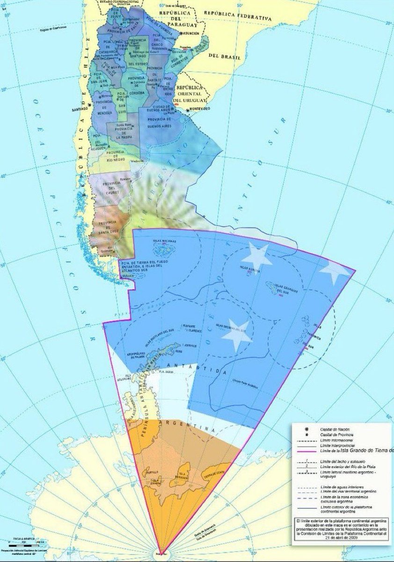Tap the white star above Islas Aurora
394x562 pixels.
(x=256, y=256)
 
